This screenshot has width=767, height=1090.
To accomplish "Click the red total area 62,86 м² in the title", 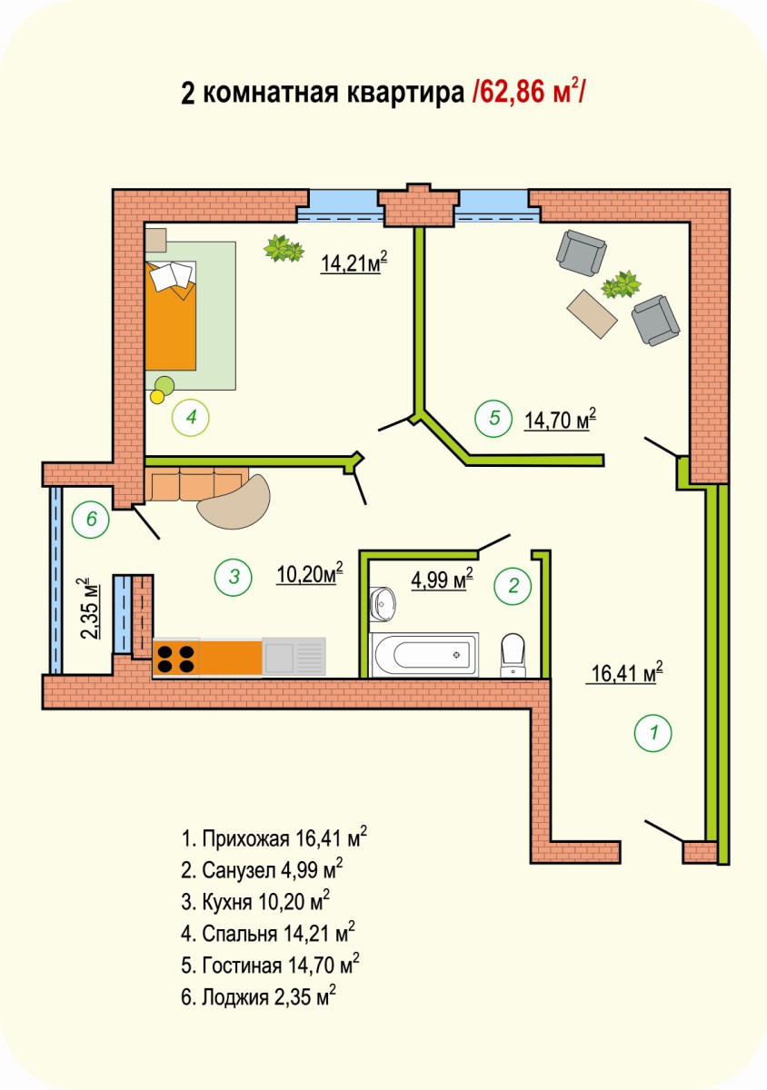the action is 528,92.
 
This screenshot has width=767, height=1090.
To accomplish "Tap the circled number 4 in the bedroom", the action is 191,417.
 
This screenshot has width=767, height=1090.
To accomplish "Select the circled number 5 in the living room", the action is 493,418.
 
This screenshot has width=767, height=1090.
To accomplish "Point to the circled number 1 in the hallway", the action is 653,732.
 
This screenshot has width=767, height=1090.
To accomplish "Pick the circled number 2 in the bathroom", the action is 513,586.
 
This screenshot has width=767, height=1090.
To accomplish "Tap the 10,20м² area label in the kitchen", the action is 310,573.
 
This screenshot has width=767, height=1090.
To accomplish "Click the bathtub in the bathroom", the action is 423,655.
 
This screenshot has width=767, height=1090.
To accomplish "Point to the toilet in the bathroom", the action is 513,655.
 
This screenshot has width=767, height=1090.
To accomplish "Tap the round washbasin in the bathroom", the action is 383,604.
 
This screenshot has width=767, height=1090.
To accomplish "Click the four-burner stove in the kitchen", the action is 175,658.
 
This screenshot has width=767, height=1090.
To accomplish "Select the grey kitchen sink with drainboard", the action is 294,657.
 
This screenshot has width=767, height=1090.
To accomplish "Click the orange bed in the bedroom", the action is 171,315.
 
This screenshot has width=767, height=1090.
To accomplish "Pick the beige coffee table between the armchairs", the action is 592,313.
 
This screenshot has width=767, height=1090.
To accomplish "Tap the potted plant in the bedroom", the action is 284,248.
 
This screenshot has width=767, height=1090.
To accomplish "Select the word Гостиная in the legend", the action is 242,965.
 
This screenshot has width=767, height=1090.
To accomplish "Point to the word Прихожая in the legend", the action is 246,837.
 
